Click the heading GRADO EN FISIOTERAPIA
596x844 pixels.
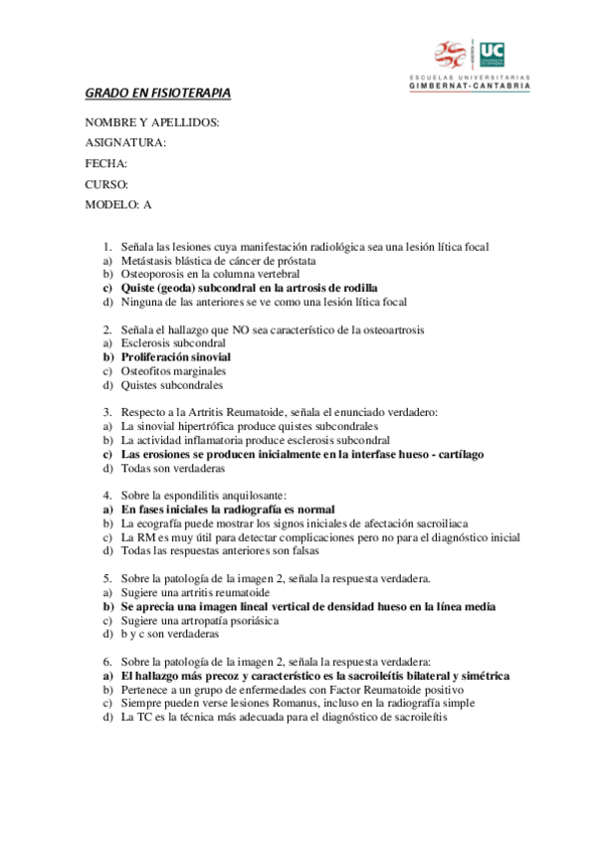[x=157, y=94]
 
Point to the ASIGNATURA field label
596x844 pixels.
[x=125, y=142]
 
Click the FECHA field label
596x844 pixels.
[x=106, y=163]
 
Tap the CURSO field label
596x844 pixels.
[x=106, y=184]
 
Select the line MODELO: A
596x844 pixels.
[x=118, y=205]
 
